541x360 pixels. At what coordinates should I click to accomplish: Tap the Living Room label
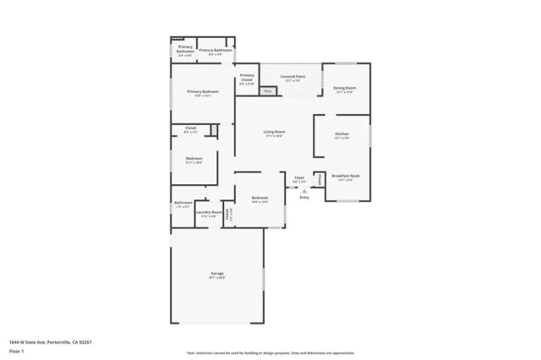pyautogui.click(x=274, y=133)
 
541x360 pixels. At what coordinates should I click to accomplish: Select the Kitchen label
pyautogui.click(x=342, y=134)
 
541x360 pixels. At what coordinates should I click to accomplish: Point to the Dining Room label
pyautogui.click(x=344, y=89)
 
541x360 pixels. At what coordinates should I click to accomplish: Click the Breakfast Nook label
pyautogui.click(x=346, y=177)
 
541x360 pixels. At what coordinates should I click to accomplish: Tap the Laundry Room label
pyautogui.click(x=209, y=212)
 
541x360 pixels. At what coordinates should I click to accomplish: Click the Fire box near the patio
pyautogui.click(x=268, y=90)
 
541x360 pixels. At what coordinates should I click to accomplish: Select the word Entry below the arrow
pyautogui.click(x=304, y=197)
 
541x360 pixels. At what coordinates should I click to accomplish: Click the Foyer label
pyautogui.click(x=299, y=178)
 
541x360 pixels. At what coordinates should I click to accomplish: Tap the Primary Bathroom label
pyautogui.click(x=216, y=51)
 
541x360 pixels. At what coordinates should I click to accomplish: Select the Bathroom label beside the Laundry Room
pyautogui.click(x=183, y=203)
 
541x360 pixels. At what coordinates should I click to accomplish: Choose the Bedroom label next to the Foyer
pyautogui.click(x=259, y=198)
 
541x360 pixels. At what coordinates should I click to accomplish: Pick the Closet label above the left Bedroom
pyautogui.click(x=190, y=128)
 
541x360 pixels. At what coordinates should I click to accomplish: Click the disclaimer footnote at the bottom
pyautogui.click(x=270, y=352)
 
